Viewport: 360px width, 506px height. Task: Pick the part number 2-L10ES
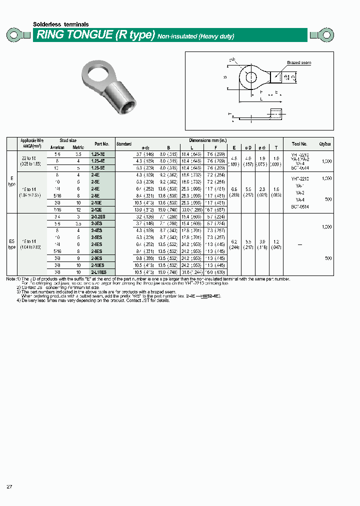tap(98, 272)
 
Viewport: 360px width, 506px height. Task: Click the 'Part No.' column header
tap(101, 143)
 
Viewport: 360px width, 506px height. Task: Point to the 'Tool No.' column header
tap(300, 143)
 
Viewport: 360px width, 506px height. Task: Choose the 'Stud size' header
tap(68, 140)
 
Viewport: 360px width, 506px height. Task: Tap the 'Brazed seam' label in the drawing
tap(299, 62)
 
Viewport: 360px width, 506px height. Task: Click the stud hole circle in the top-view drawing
tap(248, 76)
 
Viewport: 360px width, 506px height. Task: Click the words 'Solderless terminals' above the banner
tap(60, 24)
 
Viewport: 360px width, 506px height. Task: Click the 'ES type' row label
tap(12, 244)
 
